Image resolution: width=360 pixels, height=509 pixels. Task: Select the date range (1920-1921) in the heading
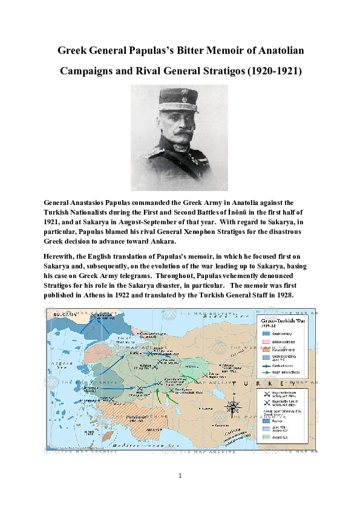coord(269,71)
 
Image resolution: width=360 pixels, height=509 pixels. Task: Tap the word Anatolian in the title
coord(270,51)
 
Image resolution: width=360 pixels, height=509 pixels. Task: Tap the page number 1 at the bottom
coord(180,476)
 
